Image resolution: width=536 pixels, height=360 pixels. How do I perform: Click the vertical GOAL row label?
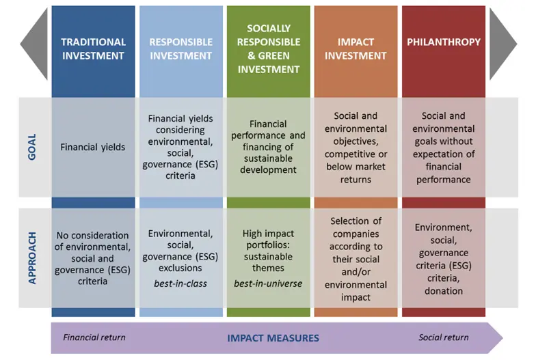coord(31,148)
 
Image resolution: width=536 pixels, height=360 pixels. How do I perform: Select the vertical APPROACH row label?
coord(32,258)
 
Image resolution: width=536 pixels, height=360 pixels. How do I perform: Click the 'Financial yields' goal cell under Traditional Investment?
coord(93,148)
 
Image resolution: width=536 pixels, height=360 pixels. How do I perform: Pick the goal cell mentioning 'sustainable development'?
coord(268,147)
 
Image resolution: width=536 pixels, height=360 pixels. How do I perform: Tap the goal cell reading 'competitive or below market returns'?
coord(356,148)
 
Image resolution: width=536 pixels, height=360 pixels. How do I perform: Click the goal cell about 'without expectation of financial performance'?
coord(444,148)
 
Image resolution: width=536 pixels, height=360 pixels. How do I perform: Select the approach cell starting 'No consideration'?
coord(93,258)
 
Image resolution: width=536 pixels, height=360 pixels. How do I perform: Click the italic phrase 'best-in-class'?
coord(180,283)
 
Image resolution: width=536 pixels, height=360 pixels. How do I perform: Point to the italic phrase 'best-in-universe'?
coord(268,283)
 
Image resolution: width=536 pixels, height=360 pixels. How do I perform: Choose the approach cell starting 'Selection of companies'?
coord(356,259)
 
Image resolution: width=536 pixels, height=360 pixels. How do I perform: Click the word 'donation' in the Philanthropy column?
coord(444,291)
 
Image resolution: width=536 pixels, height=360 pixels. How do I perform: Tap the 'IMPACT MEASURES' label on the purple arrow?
coord(273,338)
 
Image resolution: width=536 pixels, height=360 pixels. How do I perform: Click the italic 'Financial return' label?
coord(94,337)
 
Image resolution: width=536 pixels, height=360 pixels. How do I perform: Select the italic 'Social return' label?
coord(444,337)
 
